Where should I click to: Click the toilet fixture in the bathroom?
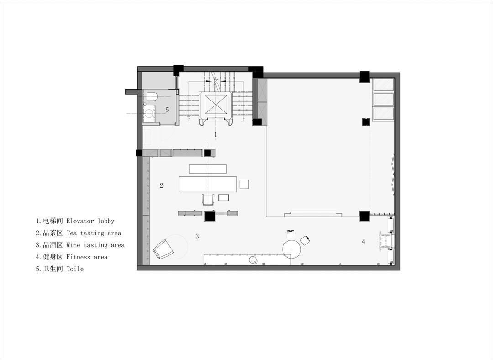click(151, 96)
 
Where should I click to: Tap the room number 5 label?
click(167, 110)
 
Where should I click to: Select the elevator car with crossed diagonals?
click(215, 104)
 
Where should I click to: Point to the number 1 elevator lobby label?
click(215, 135)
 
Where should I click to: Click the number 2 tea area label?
click(161, 185)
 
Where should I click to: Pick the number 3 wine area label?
click(197, 236)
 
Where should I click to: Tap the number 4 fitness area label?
click(363, 242)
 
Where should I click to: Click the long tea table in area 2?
click(208, 184)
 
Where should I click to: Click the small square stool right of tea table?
click(244, 184)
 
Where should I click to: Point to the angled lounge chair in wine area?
click(163, 249)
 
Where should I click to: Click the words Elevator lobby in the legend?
click(90, 221)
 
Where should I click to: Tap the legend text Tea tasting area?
click(94, 233)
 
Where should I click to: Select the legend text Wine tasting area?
click(95, 245)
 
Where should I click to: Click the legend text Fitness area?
click(87, 257)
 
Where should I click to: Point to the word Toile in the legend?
click(75, 269)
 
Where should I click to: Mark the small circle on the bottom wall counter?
click(252, 260)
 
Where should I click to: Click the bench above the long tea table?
click(208, 169)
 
